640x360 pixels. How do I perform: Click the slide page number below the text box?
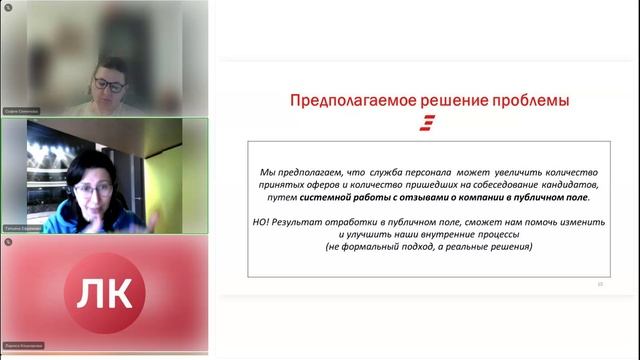point(599,284)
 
